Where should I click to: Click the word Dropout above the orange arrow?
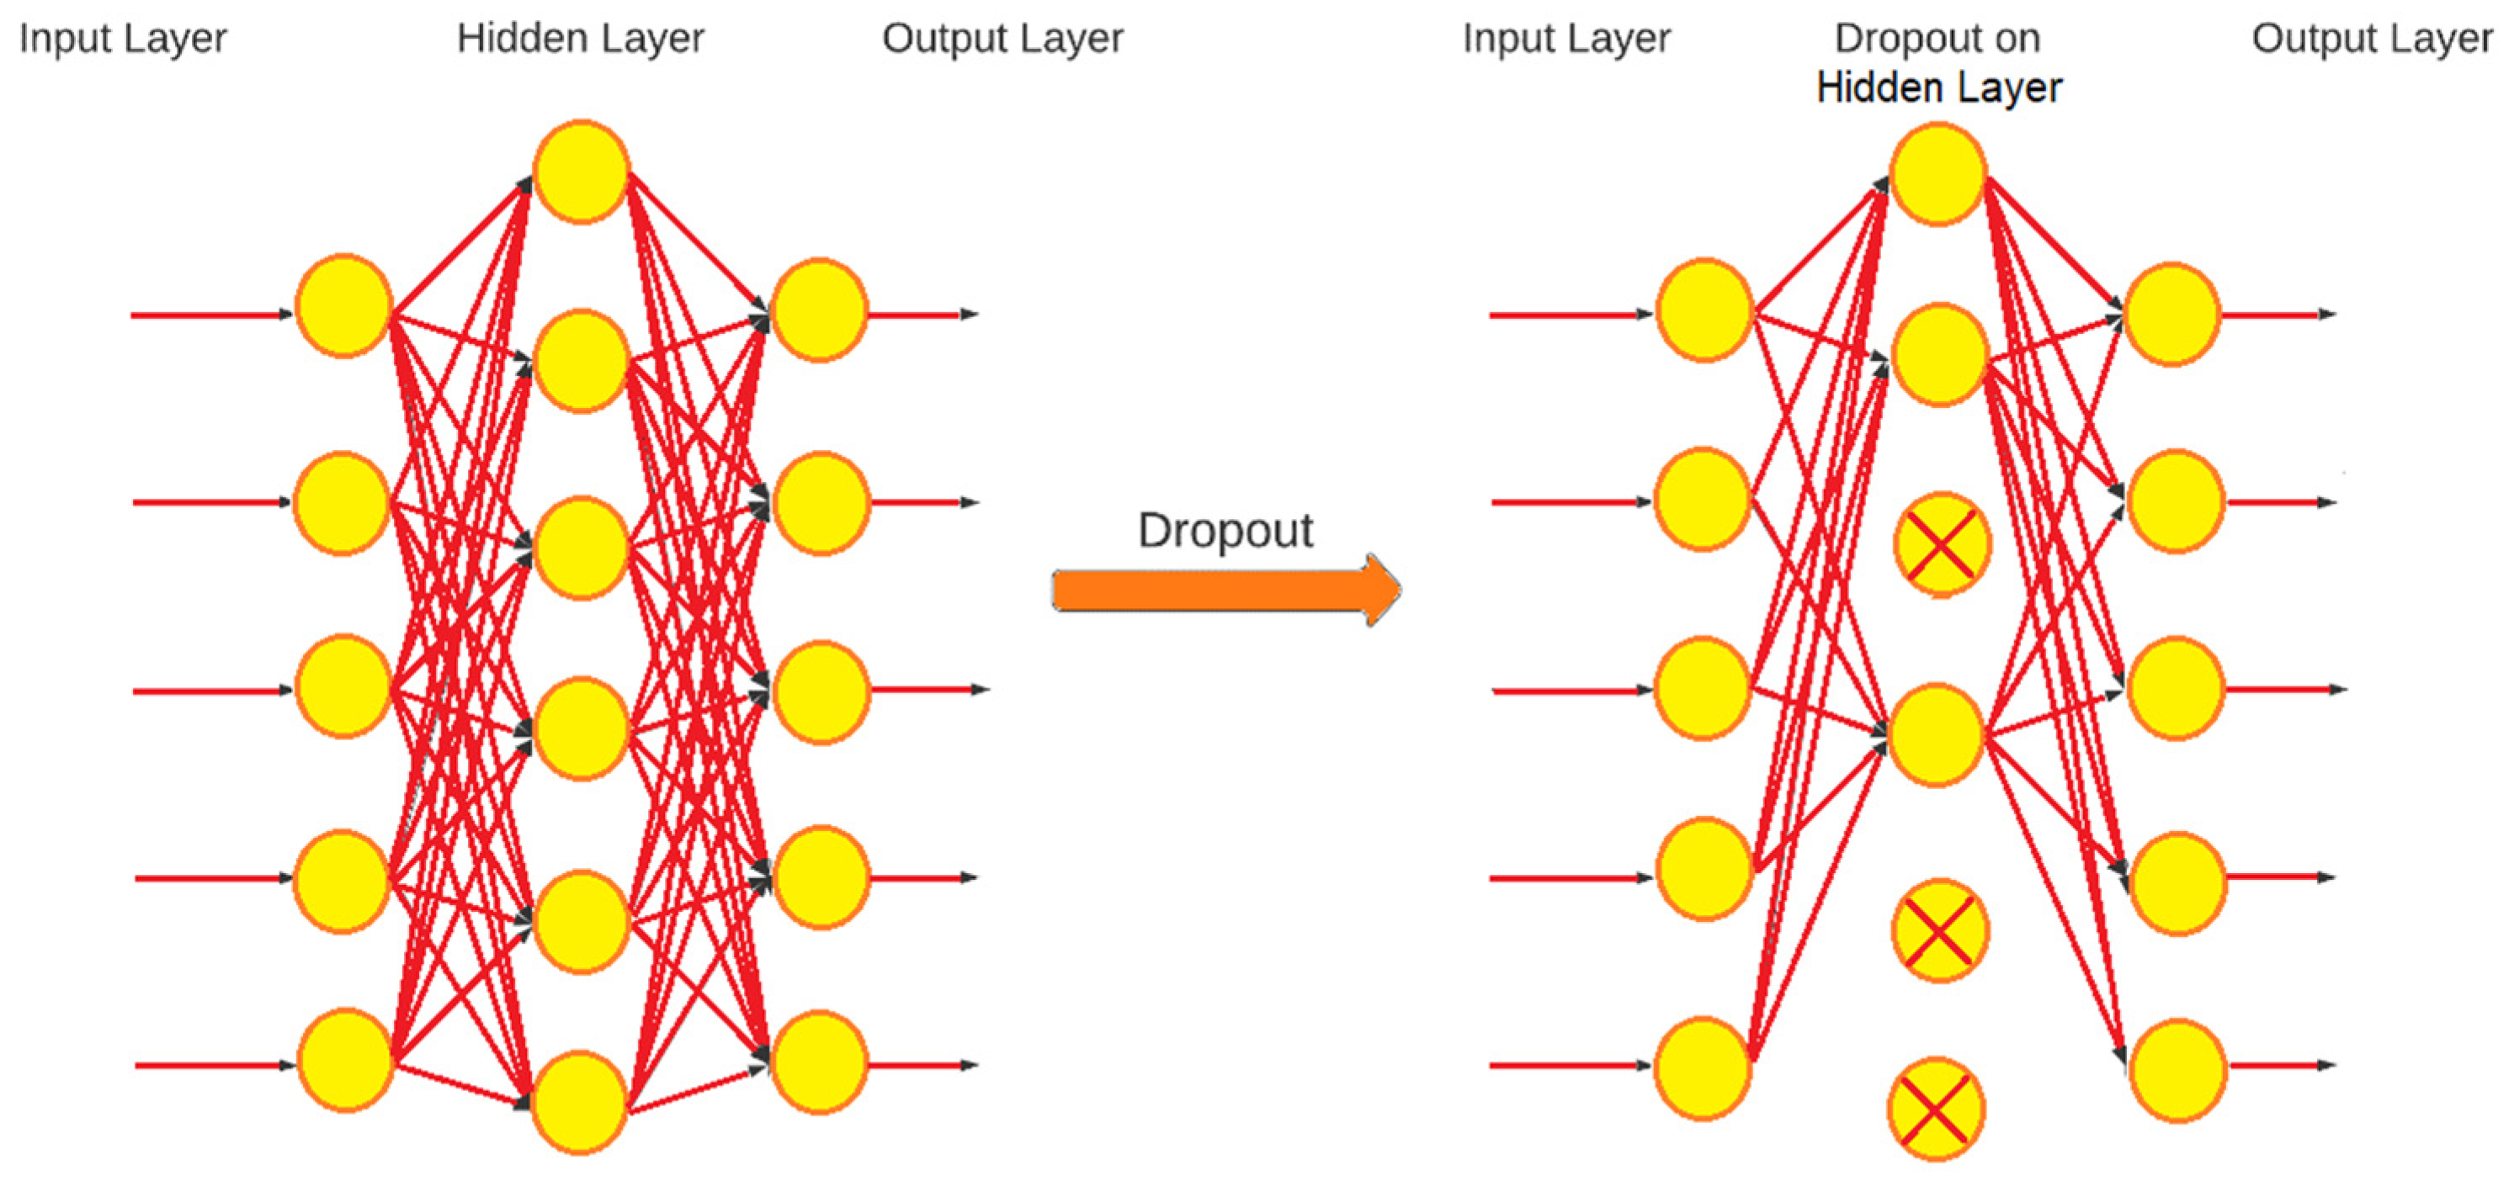[1225, 531]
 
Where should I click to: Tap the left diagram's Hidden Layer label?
[581, 39]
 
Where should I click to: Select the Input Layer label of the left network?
[123, 39]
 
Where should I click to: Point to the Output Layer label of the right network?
[2372, 39]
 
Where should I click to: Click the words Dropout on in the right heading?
[1937, 39]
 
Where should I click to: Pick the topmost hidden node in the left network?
[582, 172]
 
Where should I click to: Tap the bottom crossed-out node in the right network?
[1935, 1109]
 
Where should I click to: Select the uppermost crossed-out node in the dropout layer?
[1941, 545]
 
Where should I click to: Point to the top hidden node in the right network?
[1938, 174]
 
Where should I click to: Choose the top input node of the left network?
[343, 305]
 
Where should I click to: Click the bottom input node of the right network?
[1704, 1068]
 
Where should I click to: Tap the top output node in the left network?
[819, 310]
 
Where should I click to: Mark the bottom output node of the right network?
[2177, 1071]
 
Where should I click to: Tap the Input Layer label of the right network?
[1566, 39]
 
